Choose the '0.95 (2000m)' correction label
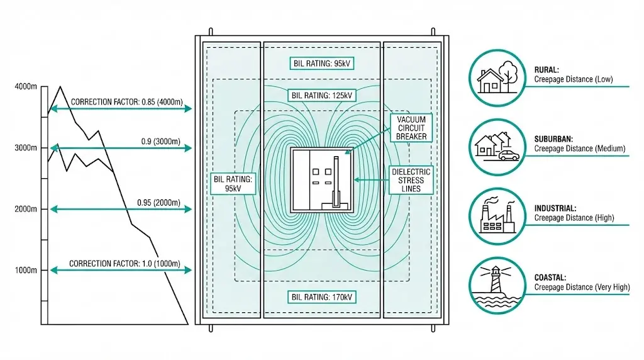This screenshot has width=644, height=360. (x=158, y=203)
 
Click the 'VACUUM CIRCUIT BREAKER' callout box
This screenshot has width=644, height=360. (x=411, y=128)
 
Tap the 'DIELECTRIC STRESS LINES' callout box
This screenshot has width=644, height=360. (x=411, y=180)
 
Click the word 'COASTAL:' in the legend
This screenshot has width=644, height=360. (x=551, y=277)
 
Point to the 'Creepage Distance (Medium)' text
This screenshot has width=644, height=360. (x=580, y=149)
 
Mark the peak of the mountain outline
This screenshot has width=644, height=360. (x=60, y=87)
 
